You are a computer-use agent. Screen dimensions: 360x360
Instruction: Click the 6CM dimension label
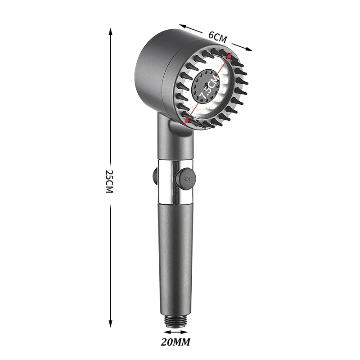(x=217, y=37)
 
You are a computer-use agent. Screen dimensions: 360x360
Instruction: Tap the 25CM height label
(x=109, y=181)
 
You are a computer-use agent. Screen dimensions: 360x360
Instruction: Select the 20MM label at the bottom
(x=175, y=342)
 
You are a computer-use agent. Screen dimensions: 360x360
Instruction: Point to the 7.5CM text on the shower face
(x=209, y=86)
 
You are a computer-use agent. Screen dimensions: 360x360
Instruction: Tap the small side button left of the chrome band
(x=155, y=176)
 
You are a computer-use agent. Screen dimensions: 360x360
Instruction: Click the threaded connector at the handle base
(x=175, y=321)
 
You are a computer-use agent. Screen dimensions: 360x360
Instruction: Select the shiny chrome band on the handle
(x=175, y=181)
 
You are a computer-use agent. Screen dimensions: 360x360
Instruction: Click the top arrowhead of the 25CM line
(x=111, y=31)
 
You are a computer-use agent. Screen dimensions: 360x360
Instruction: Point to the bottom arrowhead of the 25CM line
(x=111, y=323)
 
